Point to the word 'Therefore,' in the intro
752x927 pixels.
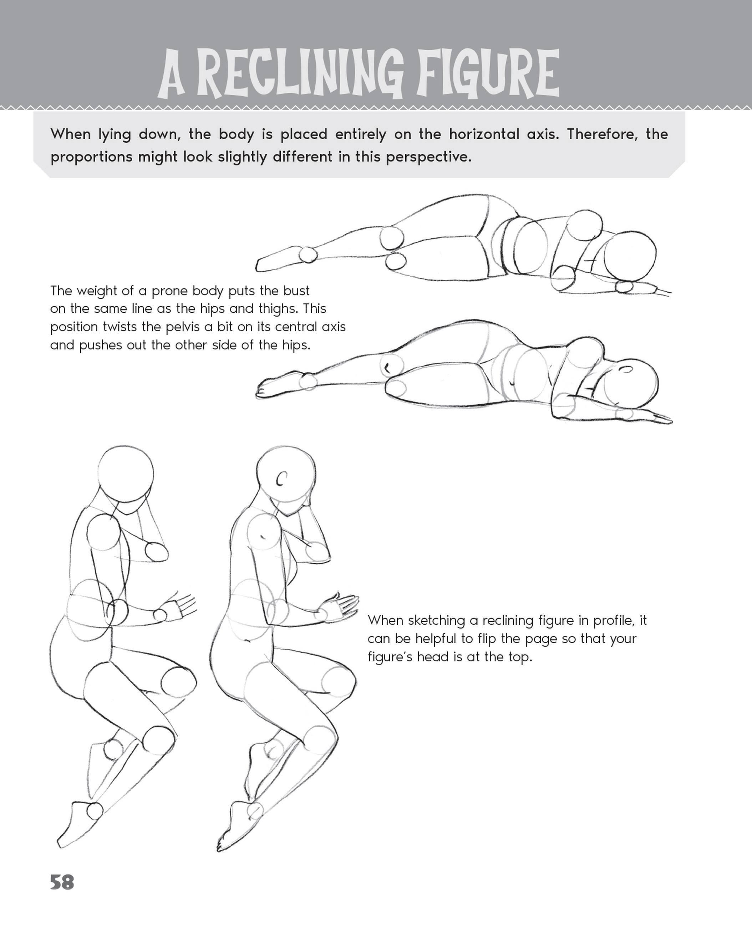(x=603, y=135)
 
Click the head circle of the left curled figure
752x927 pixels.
(x=126, y=473)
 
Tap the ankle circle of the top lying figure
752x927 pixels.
(x=309, y=255)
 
